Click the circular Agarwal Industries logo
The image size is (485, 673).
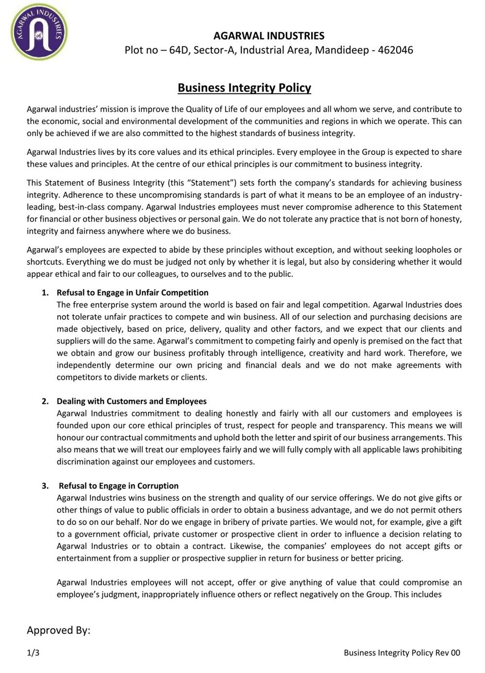point(39,32)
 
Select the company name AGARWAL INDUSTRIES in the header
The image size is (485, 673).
point(269,35)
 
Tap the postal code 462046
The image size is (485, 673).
point(395,50)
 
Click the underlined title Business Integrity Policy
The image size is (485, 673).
point(244,88)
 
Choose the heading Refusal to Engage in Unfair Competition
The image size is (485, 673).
point(133,293)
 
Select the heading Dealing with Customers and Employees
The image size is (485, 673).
point(132,401)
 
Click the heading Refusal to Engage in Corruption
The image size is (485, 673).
point(118,485)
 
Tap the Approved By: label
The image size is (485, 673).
point(58,630)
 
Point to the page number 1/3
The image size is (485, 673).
point(33,653)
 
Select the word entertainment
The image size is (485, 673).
point(84,558)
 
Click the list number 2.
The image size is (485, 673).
point(45,401)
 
